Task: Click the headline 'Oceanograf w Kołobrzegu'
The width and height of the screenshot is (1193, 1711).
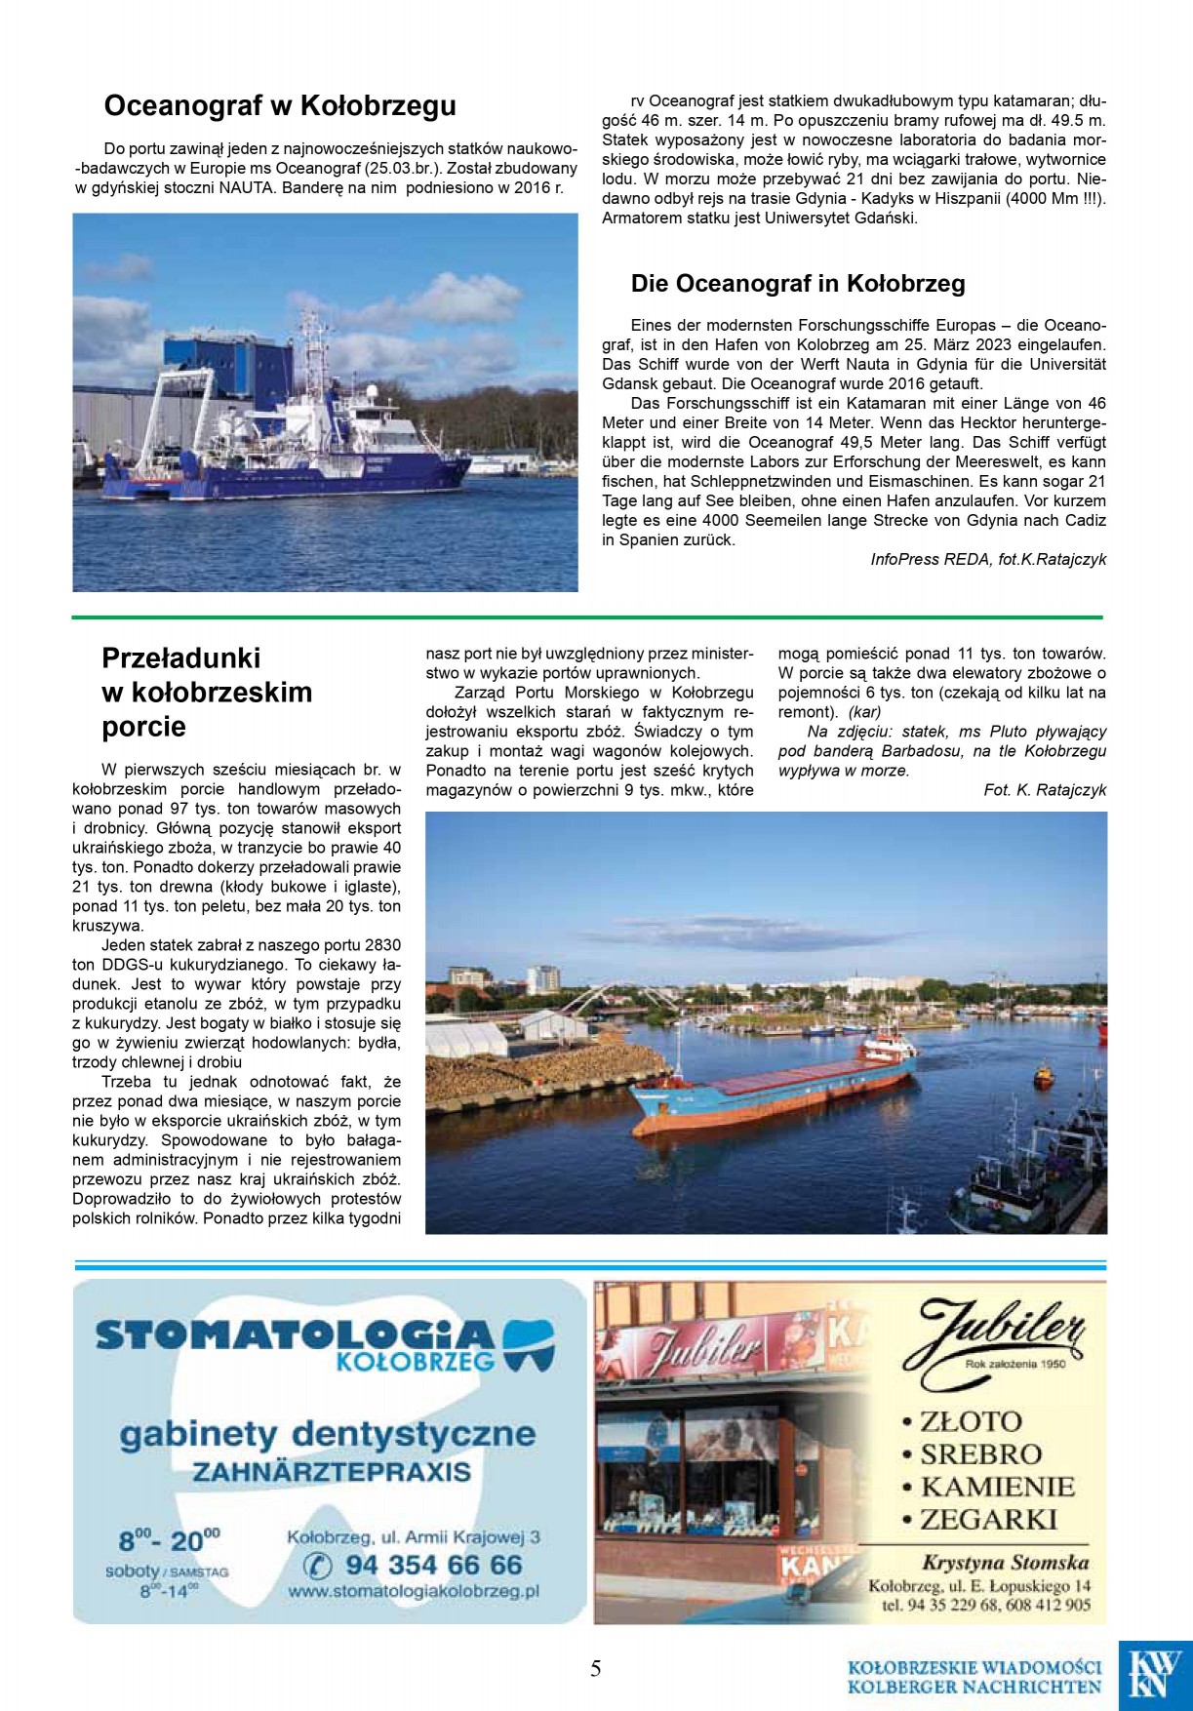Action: pos(280,105)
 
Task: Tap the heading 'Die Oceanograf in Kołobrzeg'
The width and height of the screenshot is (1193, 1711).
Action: pos(798,284)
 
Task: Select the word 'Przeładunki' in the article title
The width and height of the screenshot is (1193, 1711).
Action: pos(181,657)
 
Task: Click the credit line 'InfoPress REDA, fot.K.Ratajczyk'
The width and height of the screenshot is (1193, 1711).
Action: pos(988,560)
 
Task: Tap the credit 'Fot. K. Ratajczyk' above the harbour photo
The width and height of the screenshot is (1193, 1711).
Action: pos(1045,790)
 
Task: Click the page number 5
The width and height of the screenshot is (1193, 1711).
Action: pos(595,1669)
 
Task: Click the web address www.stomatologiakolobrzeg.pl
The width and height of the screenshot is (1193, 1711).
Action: pos(414,1592)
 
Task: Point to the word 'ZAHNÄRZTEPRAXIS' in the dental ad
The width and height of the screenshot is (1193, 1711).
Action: pos(332,1472)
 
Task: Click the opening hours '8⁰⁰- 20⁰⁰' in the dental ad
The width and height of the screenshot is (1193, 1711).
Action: pos(169,1540)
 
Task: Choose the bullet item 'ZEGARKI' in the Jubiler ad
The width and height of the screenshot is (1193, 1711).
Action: pos(988,1519)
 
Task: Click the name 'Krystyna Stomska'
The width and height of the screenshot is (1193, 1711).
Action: pos(1005,1562)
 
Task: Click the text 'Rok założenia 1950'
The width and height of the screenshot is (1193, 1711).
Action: pos(1015,1364)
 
